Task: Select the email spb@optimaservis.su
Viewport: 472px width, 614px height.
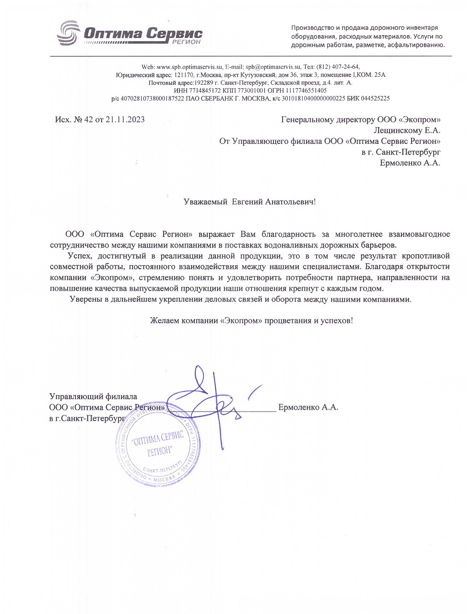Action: pos(273,67)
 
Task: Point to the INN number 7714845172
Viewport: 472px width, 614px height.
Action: pos(194,90)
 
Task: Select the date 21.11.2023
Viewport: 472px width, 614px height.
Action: pos(125,120)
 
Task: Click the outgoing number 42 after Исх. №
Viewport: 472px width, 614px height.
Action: pos(88,120)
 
